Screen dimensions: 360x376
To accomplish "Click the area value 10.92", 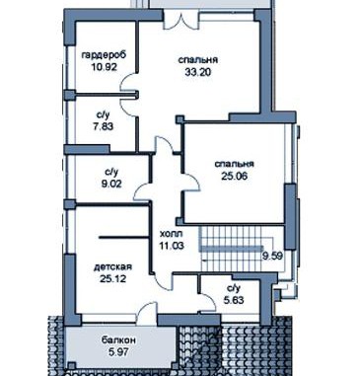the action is click(x=105, y=67).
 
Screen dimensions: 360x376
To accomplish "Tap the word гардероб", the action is click(x=104, y=55).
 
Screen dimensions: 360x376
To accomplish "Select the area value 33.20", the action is click(x=198, y=72).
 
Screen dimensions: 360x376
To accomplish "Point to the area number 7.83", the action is click(x=104, y=126).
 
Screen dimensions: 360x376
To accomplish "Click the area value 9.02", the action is click(x=111, y=184).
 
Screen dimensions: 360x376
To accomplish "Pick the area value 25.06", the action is click(x=235, y=176).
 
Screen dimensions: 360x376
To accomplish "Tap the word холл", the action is click(x=171, y=234).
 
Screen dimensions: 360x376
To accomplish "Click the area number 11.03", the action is click(x=172, y=246).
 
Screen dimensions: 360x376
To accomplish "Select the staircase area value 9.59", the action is click(x=272, y=256).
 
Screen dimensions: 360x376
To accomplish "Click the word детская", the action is click(x=113, y=266).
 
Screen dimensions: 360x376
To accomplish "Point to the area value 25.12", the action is click(x=112, y=278).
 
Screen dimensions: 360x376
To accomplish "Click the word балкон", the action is click(x=118, y=340).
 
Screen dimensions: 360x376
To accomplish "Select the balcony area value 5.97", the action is click(x=118, y=352).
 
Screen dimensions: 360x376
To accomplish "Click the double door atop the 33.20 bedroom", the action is click(x=181, y=20).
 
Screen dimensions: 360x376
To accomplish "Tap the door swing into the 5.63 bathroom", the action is click(x=208, y=301).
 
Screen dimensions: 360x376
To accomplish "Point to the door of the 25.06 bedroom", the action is click(x=190, y=182).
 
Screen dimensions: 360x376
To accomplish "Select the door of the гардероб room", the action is click(x=129, y=83).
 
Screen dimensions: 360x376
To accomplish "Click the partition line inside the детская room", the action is click(x=124, y=237).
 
